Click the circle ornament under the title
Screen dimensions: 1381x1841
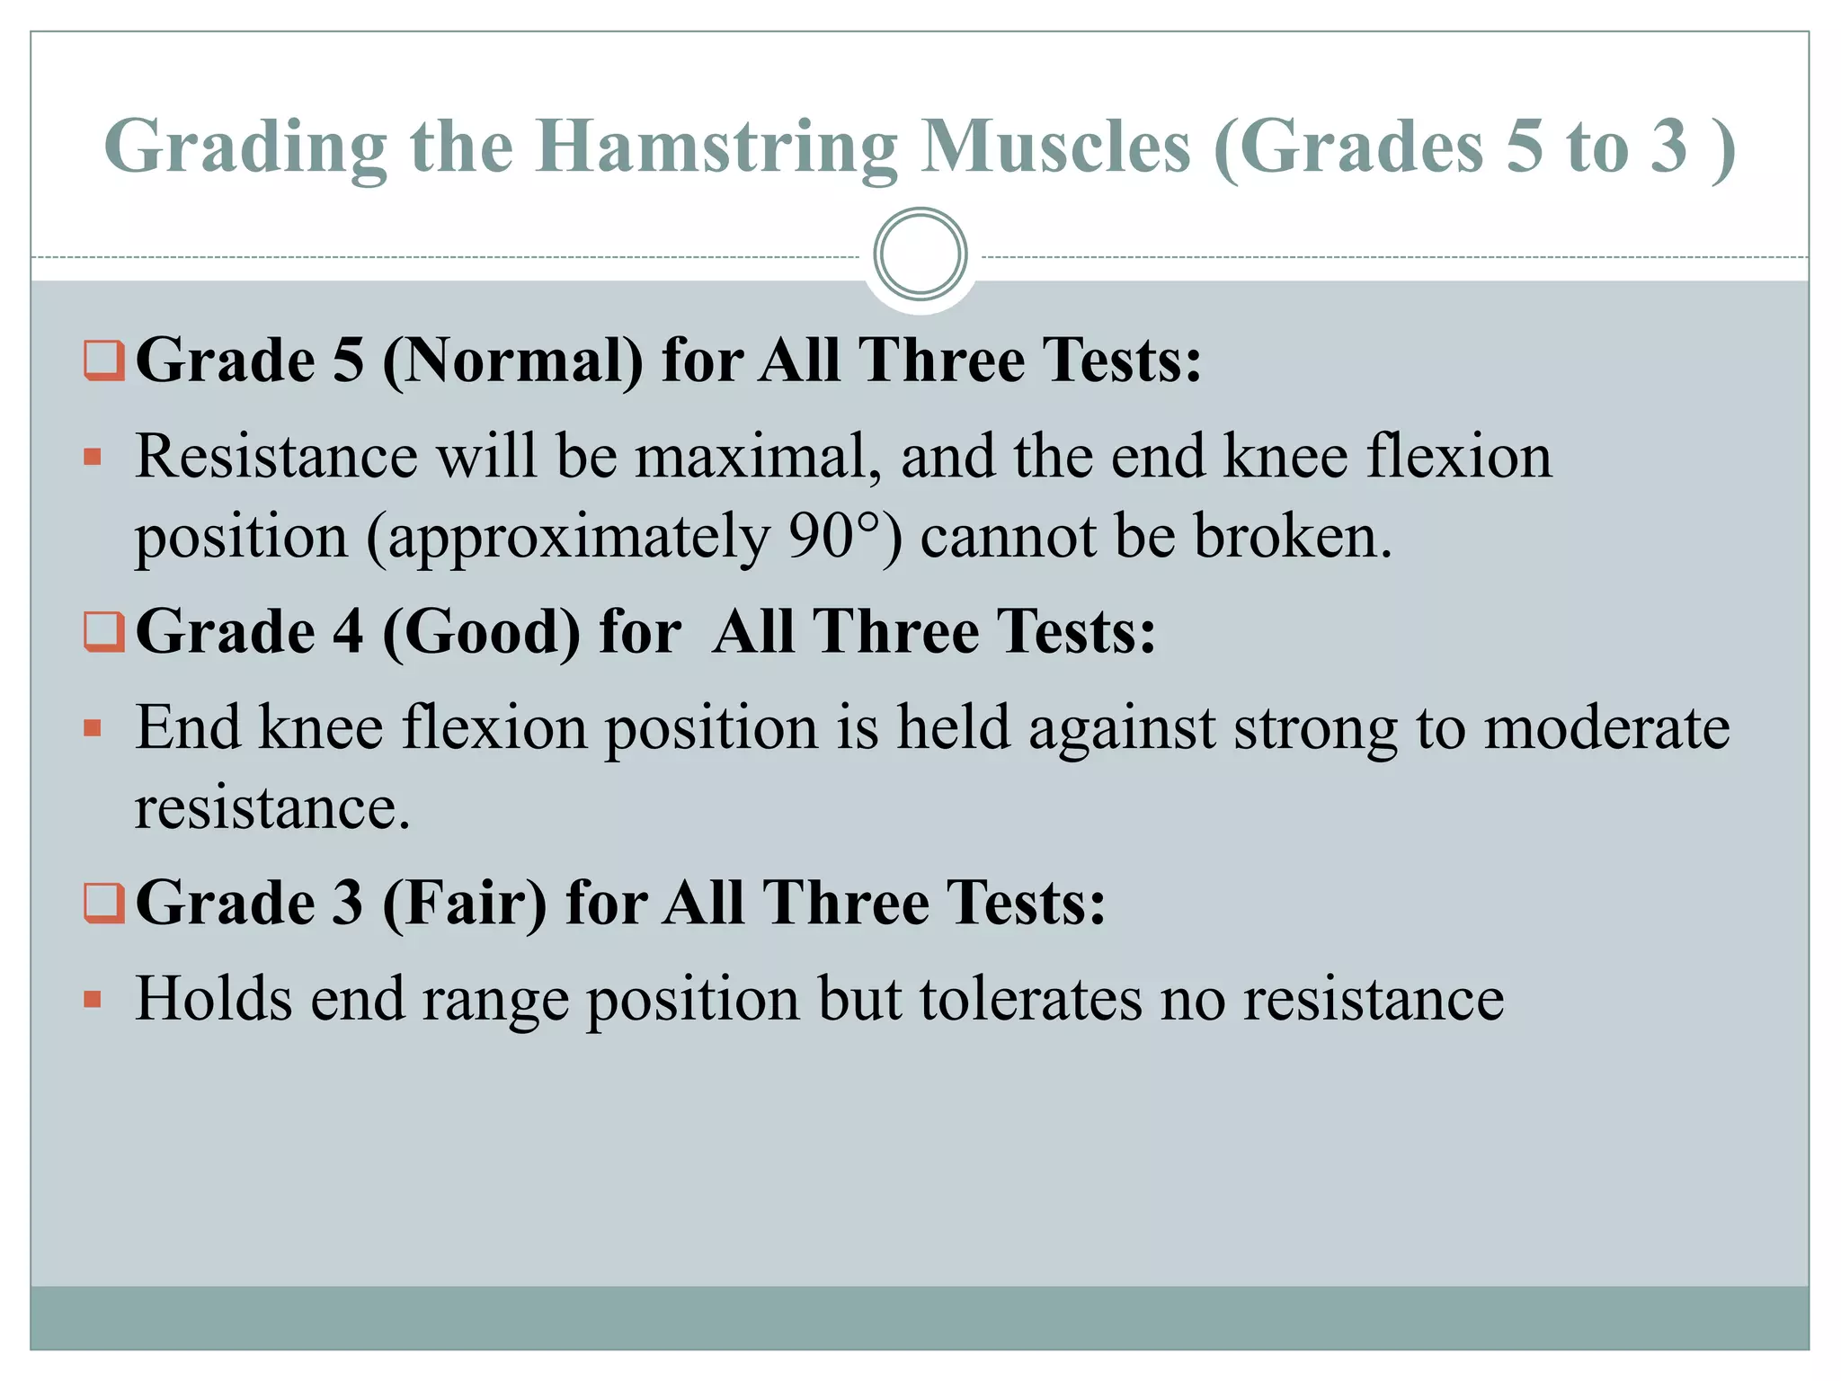point(920,254)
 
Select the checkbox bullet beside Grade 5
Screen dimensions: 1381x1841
point(104,361)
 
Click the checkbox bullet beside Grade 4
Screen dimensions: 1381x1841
point(104,631)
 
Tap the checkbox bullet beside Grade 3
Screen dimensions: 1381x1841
point(104,903)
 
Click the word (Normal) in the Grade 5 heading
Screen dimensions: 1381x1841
point(512,361)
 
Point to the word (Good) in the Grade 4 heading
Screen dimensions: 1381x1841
point(482,631)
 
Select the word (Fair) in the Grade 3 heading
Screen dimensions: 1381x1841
point(464,903)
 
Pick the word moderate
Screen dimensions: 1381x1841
point(1606,727)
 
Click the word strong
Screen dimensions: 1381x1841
point(1315,727)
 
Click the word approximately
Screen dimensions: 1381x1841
point(567,537)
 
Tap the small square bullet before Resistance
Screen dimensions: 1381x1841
point(93,458)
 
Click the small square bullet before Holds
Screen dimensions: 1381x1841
point(93,1000)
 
